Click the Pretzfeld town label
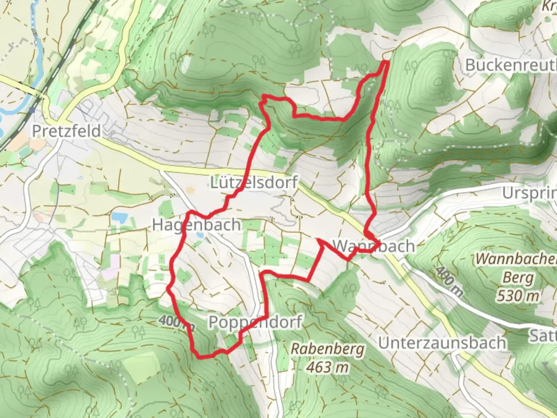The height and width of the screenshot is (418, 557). click(66, 131)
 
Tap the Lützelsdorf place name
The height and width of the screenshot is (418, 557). click(254, 182)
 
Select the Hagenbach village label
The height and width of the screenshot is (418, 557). click(196, 225)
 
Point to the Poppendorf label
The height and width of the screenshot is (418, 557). click(255, 322)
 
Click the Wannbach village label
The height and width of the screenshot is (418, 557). click(374, 246)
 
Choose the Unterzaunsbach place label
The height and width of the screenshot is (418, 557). click(442, 343)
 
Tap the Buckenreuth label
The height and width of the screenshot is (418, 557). click(511, 65)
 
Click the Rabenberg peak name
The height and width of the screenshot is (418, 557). click(327, 349)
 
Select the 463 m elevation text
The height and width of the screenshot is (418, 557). click(327, 367)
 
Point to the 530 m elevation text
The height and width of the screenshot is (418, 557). click(518, 296)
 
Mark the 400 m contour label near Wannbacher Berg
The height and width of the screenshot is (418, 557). click(449, 282)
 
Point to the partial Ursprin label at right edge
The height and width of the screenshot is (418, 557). click(530, 193)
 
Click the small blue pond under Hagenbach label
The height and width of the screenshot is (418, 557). click(200, 235)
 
